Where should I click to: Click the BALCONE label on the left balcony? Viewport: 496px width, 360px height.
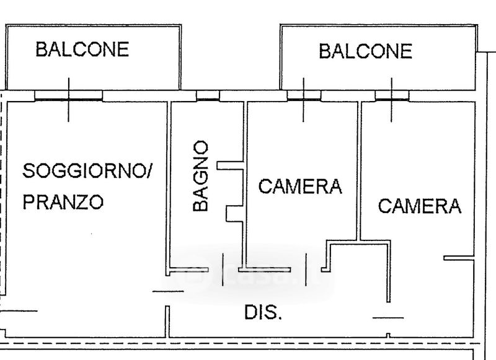[82, 50]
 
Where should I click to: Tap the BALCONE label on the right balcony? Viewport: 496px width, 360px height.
[365, 51]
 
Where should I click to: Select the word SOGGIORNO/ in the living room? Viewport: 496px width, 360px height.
[87, 171]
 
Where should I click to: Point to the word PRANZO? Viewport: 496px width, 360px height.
[63, 202]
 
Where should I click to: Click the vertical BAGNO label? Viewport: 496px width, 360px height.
[200, 177]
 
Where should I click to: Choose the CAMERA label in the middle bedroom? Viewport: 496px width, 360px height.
[300, 186]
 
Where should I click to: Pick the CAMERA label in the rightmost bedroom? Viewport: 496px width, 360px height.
[420, 206]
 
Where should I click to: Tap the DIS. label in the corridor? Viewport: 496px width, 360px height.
[263, 313]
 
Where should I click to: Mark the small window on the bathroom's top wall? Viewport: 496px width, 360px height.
[208, 96]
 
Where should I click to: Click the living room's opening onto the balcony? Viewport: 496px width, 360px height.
[68, 95]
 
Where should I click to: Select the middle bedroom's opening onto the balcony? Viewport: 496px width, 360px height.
[304, 95]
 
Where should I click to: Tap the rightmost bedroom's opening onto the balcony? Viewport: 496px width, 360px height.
[392, 95]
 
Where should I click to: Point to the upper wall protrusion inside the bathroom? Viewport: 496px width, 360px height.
[231, 165]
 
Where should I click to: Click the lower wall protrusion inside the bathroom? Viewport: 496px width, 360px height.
[235, 213]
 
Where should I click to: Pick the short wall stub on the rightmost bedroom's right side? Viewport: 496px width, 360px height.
[459, 258]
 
